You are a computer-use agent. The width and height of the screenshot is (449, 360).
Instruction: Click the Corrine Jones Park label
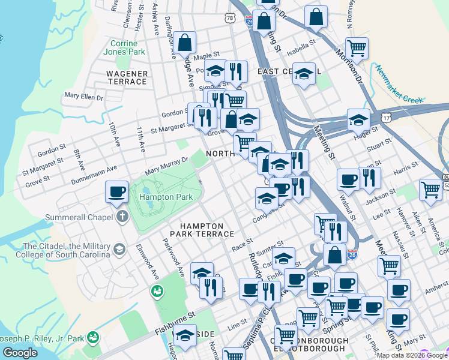pyautogui.click(x=128, y=48)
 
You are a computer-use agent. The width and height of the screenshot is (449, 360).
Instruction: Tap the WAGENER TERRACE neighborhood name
pyautogui.click(x=127, y=77)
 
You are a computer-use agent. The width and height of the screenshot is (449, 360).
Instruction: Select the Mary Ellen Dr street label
pyautogui.click(x=83, y=96)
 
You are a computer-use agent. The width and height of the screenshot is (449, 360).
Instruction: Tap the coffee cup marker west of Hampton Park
pyautogui.click(x=116, y=192)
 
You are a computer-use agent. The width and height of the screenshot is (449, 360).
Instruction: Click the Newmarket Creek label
pyautogui.click(x=400, y=83)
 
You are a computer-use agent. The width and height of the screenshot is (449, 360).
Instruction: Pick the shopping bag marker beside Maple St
pyautogui.click(x=185, y=43)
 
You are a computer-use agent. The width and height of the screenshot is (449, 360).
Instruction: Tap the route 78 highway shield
pyautogui.click(x=230, y=19)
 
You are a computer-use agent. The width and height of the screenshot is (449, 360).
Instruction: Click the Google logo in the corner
pyautogui.click(x=20, y=353)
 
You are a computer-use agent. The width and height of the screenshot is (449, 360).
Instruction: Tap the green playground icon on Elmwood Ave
pyautogui.click(x=157, y=291)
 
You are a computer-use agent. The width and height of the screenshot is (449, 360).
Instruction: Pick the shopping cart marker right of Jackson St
pyautogui.click(x=430, y=190)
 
